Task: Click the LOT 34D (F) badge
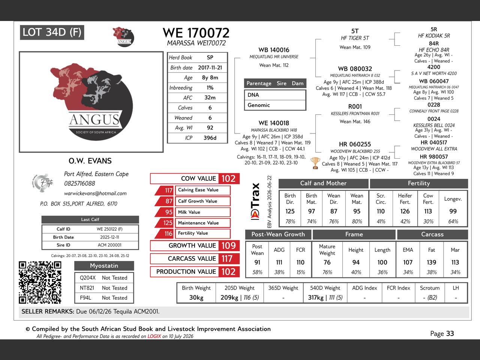point(52,32)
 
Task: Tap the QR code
point(40,282)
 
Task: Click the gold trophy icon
point(315,163)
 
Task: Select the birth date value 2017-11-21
point(210,67)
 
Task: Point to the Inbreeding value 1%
point(210,88)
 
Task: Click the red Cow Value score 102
point(228,178)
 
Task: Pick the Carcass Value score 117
point(227,259)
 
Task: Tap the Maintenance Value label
point(198,223)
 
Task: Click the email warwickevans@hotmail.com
point(95,193)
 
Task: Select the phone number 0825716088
point(79,183)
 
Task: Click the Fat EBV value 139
point(432,262)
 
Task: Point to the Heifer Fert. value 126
point(405,211)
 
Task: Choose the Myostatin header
point(104,265)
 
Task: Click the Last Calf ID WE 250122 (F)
point(109,229)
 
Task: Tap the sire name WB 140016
point(274,50)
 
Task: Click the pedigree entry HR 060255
point(355,144)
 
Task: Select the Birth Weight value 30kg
point(196,297)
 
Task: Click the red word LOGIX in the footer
point(154,336)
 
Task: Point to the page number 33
point(450,333)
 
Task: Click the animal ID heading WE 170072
point(196,33)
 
